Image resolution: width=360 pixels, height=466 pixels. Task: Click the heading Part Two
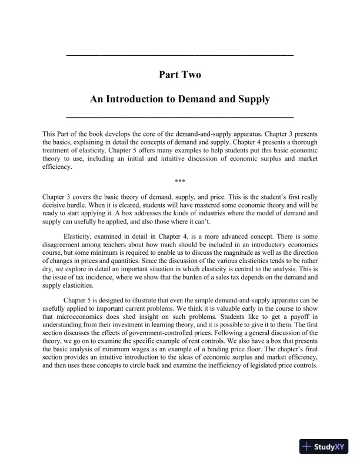click(x=180, y=75)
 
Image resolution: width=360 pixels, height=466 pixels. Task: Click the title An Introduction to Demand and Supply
click(x=180, y=99)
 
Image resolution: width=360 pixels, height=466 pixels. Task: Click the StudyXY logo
click(x=323, y=447)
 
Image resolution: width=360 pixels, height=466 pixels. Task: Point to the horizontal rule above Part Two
click(x=180, y=55)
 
